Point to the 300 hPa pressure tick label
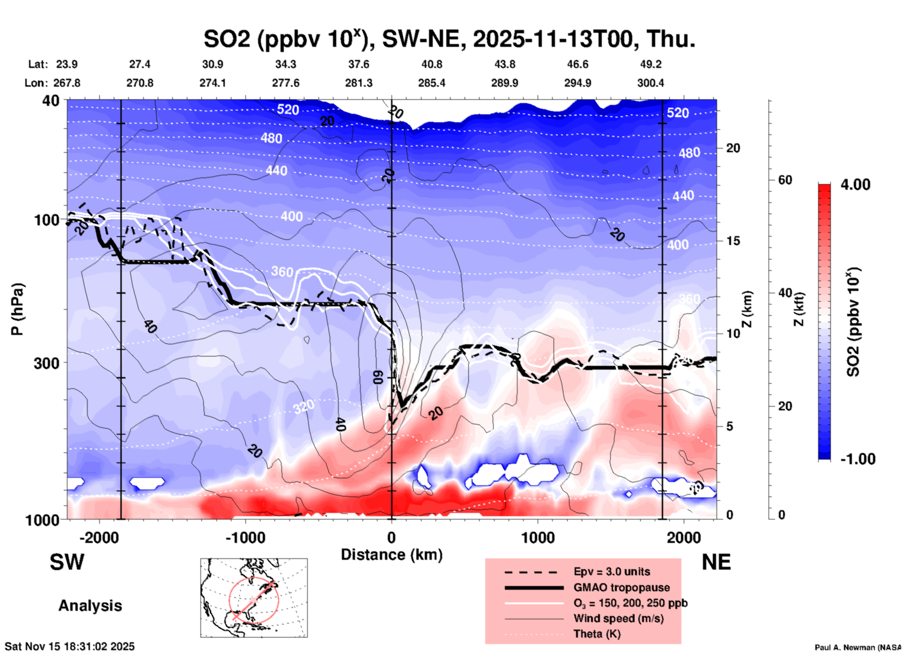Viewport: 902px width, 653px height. pos(47,363)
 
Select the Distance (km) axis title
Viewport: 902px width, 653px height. pos(392,555)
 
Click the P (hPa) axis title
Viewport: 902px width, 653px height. pos(17,309)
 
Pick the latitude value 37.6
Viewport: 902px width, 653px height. pos(359,64)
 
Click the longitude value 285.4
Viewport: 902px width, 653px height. pos(431,83)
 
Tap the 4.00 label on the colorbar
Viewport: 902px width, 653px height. pos(855,185)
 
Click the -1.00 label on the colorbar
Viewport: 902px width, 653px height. pos(858,459)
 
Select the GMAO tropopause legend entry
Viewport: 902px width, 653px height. pos(621,587)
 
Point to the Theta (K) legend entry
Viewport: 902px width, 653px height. pos(597,634)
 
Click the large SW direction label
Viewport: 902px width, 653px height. pos(67,562)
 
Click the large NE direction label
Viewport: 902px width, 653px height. pos(716,562)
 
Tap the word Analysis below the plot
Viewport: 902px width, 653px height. pos(90,606)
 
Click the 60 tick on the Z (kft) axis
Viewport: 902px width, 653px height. pos(785,180)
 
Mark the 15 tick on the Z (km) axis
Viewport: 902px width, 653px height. pos(733,241)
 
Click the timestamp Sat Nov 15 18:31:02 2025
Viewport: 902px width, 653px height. pos(70,646)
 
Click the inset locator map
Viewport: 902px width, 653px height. pos(254,598)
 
